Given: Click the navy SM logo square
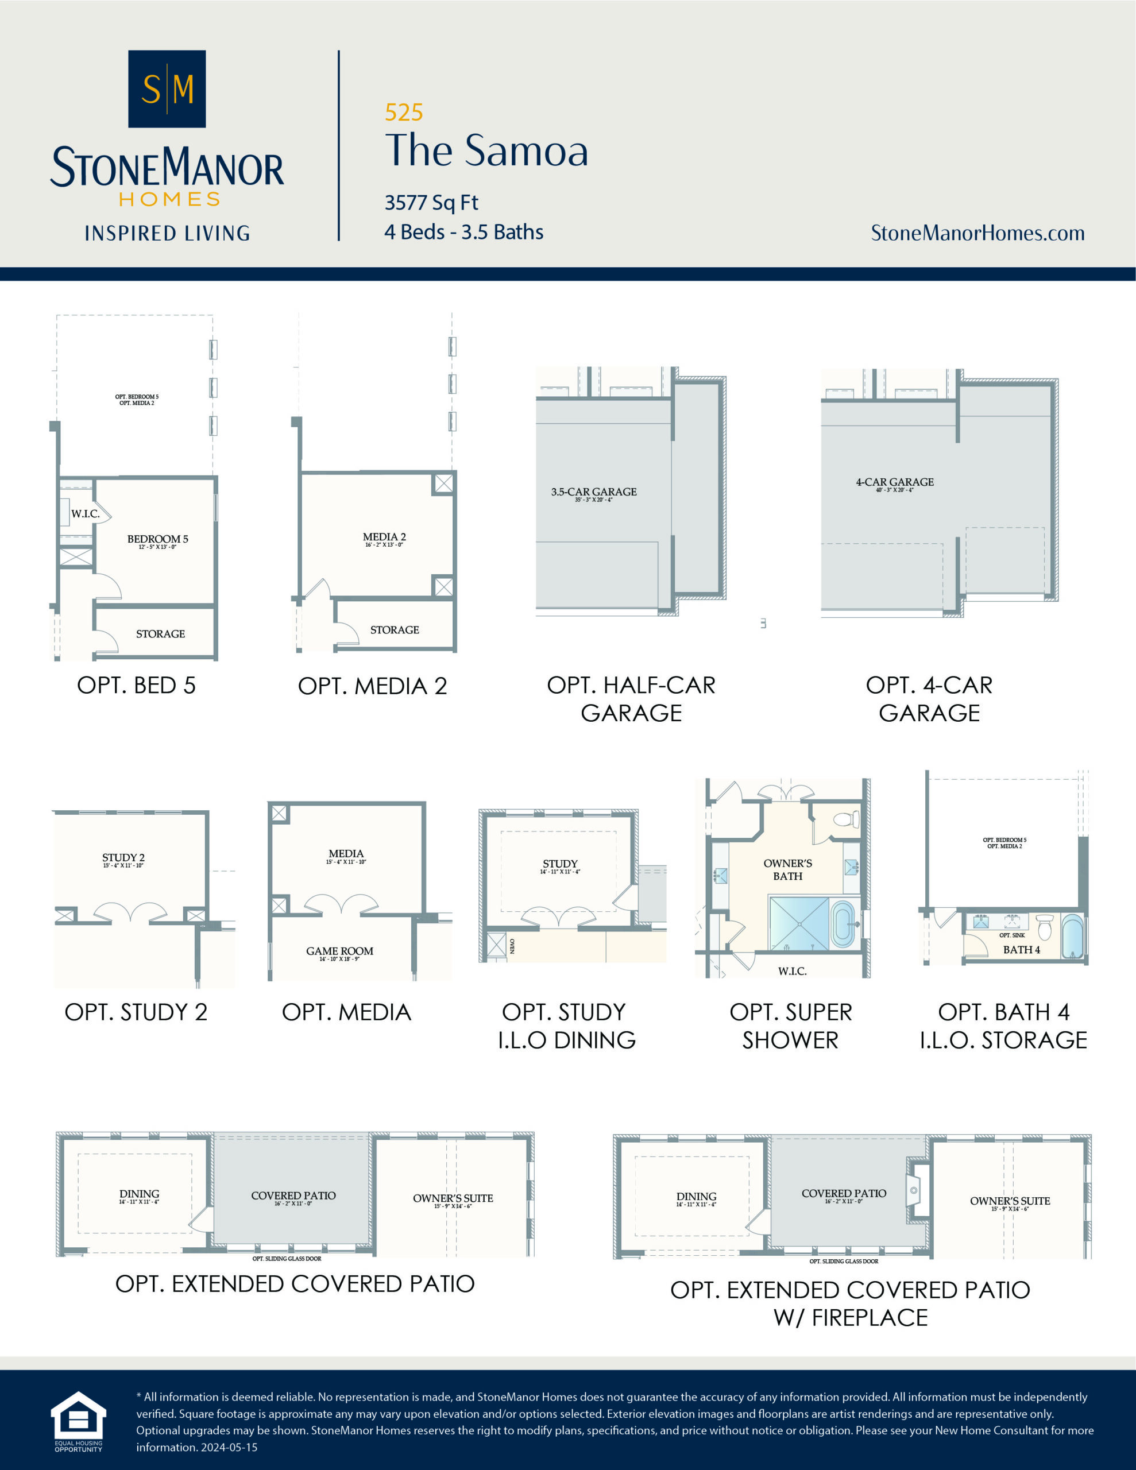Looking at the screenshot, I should coord(167,89).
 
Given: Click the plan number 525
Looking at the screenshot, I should coord(403,113).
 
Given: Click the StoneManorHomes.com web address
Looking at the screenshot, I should coord(977,233).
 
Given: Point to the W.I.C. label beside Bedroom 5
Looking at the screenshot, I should coord(85,513).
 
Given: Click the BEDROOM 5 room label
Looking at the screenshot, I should coord(157,539).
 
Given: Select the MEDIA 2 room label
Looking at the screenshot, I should coord(384,536).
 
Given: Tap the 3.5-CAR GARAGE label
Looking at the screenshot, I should coord(593,492).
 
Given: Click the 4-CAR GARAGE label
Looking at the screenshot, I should coord(894,482).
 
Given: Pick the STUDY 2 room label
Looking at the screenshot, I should coord(123,857).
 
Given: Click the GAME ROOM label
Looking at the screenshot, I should coord(339,950).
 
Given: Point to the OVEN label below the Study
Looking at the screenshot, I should coord(512,946).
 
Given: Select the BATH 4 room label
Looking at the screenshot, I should coord(1021,949).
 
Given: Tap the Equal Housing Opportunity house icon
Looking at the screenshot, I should coord(79,1415).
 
